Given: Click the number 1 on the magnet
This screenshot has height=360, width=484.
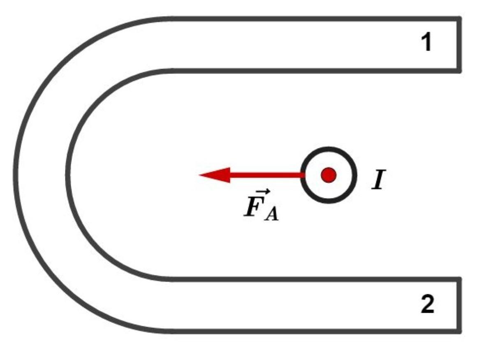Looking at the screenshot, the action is click(x=426, y=42).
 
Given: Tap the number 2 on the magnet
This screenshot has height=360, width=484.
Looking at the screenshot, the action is click(x=428, y=304).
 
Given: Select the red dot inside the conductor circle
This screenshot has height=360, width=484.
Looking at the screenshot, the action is click(x=329, y=175).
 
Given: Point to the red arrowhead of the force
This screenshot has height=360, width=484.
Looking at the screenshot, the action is click(x=215, y=175).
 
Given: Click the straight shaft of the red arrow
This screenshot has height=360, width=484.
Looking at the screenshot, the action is click(x=266, y=175).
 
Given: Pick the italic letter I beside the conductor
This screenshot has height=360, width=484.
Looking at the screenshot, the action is click(x=378, y=179).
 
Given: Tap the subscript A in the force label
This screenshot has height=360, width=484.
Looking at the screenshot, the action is click(x=271, y=214).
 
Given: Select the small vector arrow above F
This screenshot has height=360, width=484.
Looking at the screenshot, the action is click(x=257, y=192).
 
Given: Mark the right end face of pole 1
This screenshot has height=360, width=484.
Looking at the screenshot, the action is click(x=459, y=45).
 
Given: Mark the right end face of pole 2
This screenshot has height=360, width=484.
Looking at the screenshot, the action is click(x=459, y=305).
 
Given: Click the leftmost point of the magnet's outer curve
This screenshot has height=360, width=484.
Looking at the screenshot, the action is click(x=16, y=175).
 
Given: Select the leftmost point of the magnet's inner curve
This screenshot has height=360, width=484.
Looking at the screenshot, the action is click(x=67, y=175).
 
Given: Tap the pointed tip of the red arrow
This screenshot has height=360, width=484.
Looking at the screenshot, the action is click(x=199, y=175).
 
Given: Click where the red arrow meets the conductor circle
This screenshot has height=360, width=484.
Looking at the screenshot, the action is click(x=302, y=175).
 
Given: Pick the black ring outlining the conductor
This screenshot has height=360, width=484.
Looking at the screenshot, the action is click(x=329, y=149).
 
